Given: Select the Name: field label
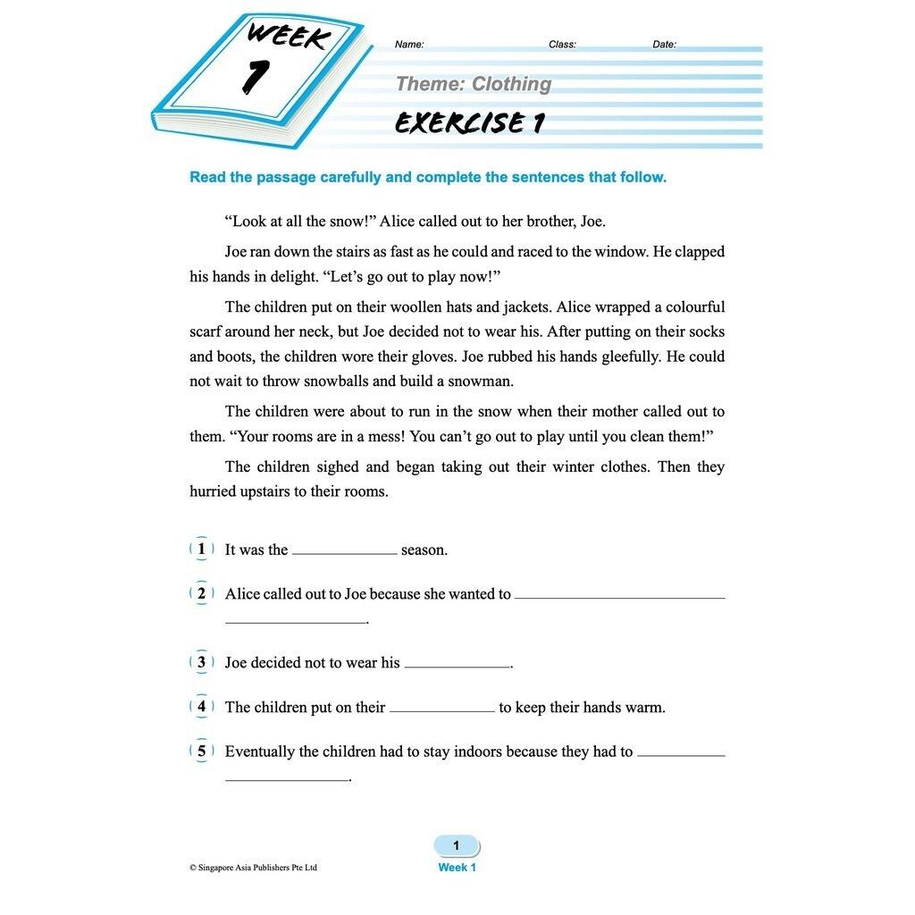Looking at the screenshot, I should [x=409, y=45].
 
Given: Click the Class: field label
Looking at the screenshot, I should [x=562, y=45].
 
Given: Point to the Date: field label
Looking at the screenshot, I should [x=664, y=45].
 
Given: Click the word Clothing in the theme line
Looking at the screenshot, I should [x=511, y=84].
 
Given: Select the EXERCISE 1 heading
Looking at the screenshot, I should [x=470, y=123].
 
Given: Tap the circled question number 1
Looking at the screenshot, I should [x=202, y=549].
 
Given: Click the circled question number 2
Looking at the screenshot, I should [x=202, y=593].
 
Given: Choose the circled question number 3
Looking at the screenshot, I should [x=202, y=662].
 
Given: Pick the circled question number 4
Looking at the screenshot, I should [x=202, y=707].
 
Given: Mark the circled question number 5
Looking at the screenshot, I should [x=202, y=751].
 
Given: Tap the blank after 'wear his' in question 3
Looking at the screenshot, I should [x=457, y=666].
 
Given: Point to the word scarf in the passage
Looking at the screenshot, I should [x=206, y=332].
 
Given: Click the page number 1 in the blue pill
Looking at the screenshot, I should [x=456, y=845].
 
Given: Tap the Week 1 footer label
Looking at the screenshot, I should [x=457, y=868].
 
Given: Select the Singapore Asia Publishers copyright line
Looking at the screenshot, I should [x=253, y=868].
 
